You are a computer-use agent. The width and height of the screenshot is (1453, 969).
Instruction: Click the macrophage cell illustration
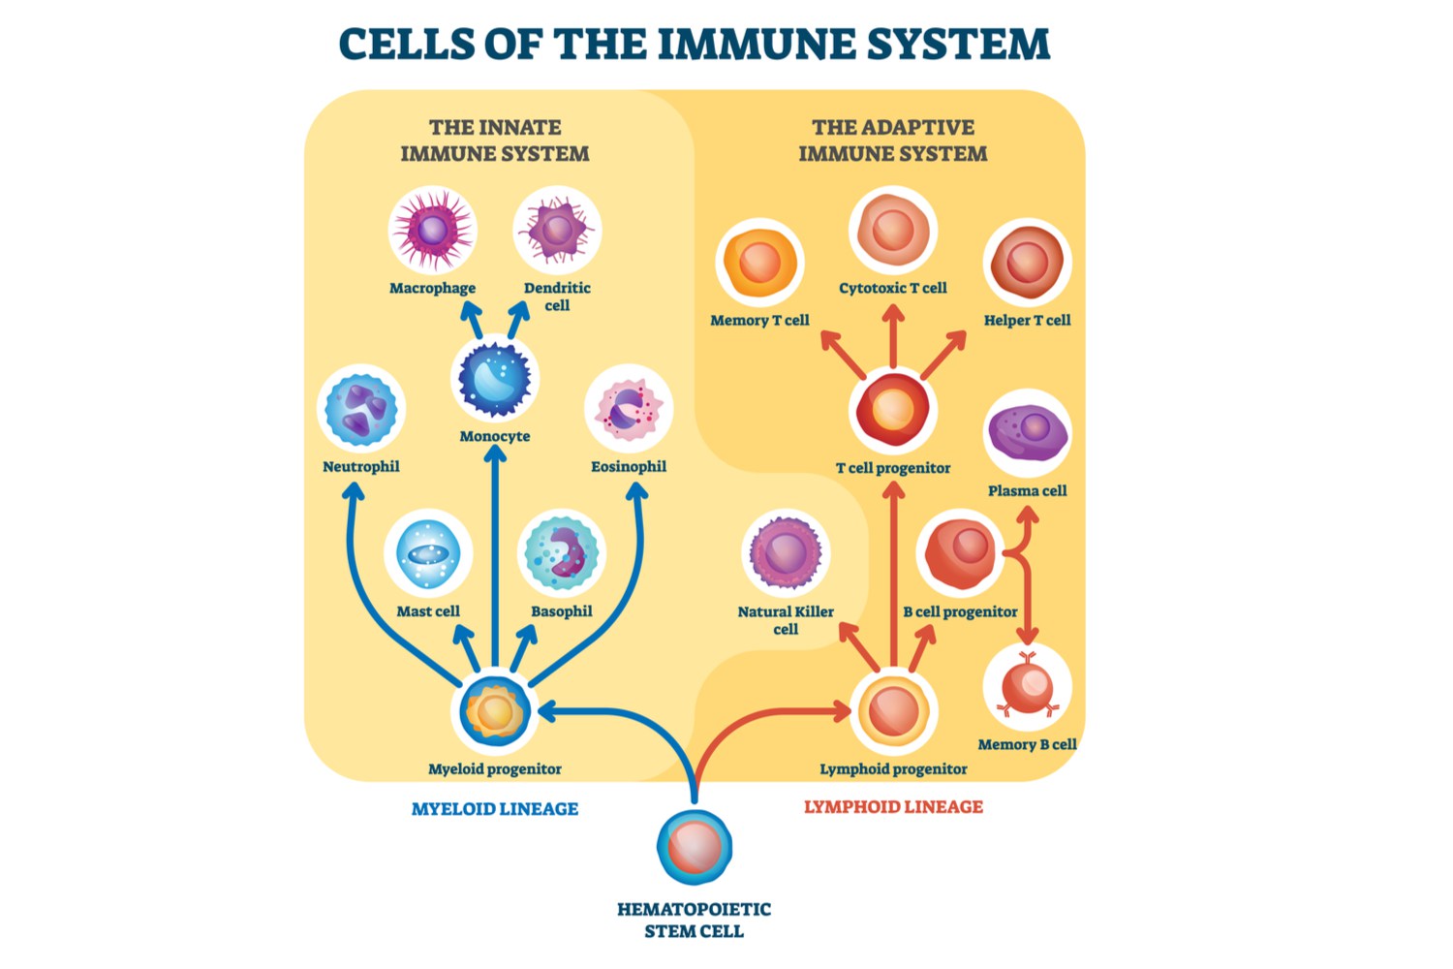pos(432,231)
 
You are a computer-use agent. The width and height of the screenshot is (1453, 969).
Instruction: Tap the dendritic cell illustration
pos(557,231)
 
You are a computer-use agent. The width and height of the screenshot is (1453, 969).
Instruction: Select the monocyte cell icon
pos(495,378)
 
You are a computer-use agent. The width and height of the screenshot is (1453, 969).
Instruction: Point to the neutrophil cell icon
pos(361,409)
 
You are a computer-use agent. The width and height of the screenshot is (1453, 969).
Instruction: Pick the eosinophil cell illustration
pos(629,409)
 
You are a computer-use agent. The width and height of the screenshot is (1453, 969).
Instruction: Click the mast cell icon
pos(428,553)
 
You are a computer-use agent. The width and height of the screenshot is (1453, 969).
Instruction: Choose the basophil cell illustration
pos(562,553)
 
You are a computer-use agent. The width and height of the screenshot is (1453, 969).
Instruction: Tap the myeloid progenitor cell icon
pos(495,712)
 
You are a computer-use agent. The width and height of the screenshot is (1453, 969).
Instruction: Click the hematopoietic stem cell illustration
pos(695,848)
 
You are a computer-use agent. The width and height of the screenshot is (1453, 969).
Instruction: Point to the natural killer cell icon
pos(786,553)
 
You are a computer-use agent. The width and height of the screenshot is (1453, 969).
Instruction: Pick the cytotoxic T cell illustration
pos(893,231)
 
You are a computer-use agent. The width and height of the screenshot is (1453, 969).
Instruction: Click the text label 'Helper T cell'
pos(1027,320)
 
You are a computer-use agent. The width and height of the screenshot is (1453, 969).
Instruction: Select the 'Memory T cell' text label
pos(759,320)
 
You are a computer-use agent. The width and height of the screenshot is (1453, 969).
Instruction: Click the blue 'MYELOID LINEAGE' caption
pos(495,809)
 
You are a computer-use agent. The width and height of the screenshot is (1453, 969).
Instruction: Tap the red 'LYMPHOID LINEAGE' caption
pos(893,806)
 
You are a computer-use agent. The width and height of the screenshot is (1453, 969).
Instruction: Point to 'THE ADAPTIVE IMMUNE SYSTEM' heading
pos(893,141)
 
